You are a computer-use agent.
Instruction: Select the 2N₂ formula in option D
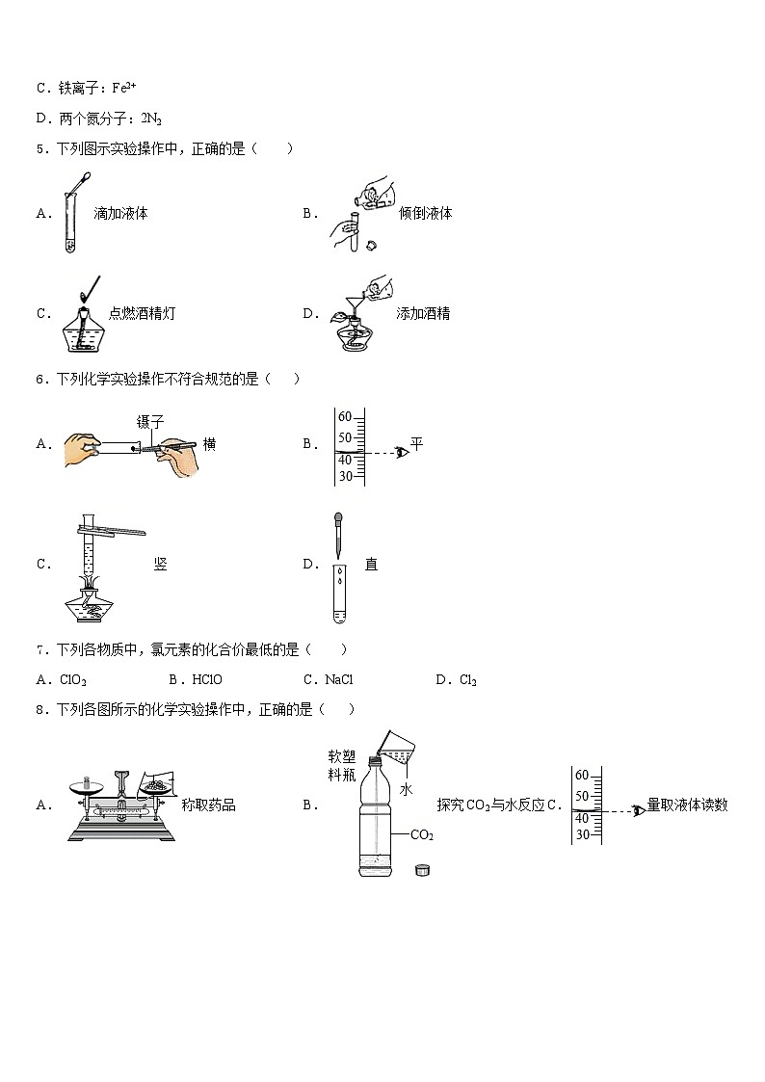tap(151, 119)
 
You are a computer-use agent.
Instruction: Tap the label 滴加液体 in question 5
tap(120, 213)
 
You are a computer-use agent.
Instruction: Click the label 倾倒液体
tap(425, 213)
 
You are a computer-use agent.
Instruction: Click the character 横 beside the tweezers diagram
tap(209, 444)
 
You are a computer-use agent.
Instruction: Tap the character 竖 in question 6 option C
tap(160, 565)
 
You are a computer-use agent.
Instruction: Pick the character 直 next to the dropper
tap(371, 565)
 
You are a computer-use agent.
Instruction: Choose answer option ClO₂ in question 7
tap(73, 680)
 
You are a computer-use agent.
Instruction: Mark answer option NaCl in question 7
tap(339, 680)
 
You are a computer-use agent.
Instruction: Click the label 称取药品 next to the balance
tap(208, 805)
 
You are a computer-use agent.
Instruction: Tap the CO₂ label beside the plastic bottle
tap(422, 835)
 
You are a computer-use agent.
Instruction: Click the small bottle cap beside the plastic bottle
tap(420, 871)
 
